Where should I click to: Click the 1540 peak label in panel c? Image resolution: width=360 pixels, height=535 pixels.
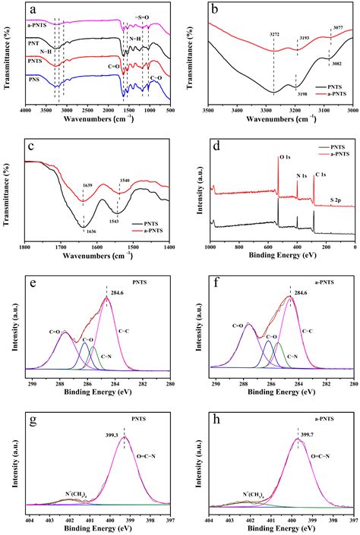(x=119, y=180)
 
